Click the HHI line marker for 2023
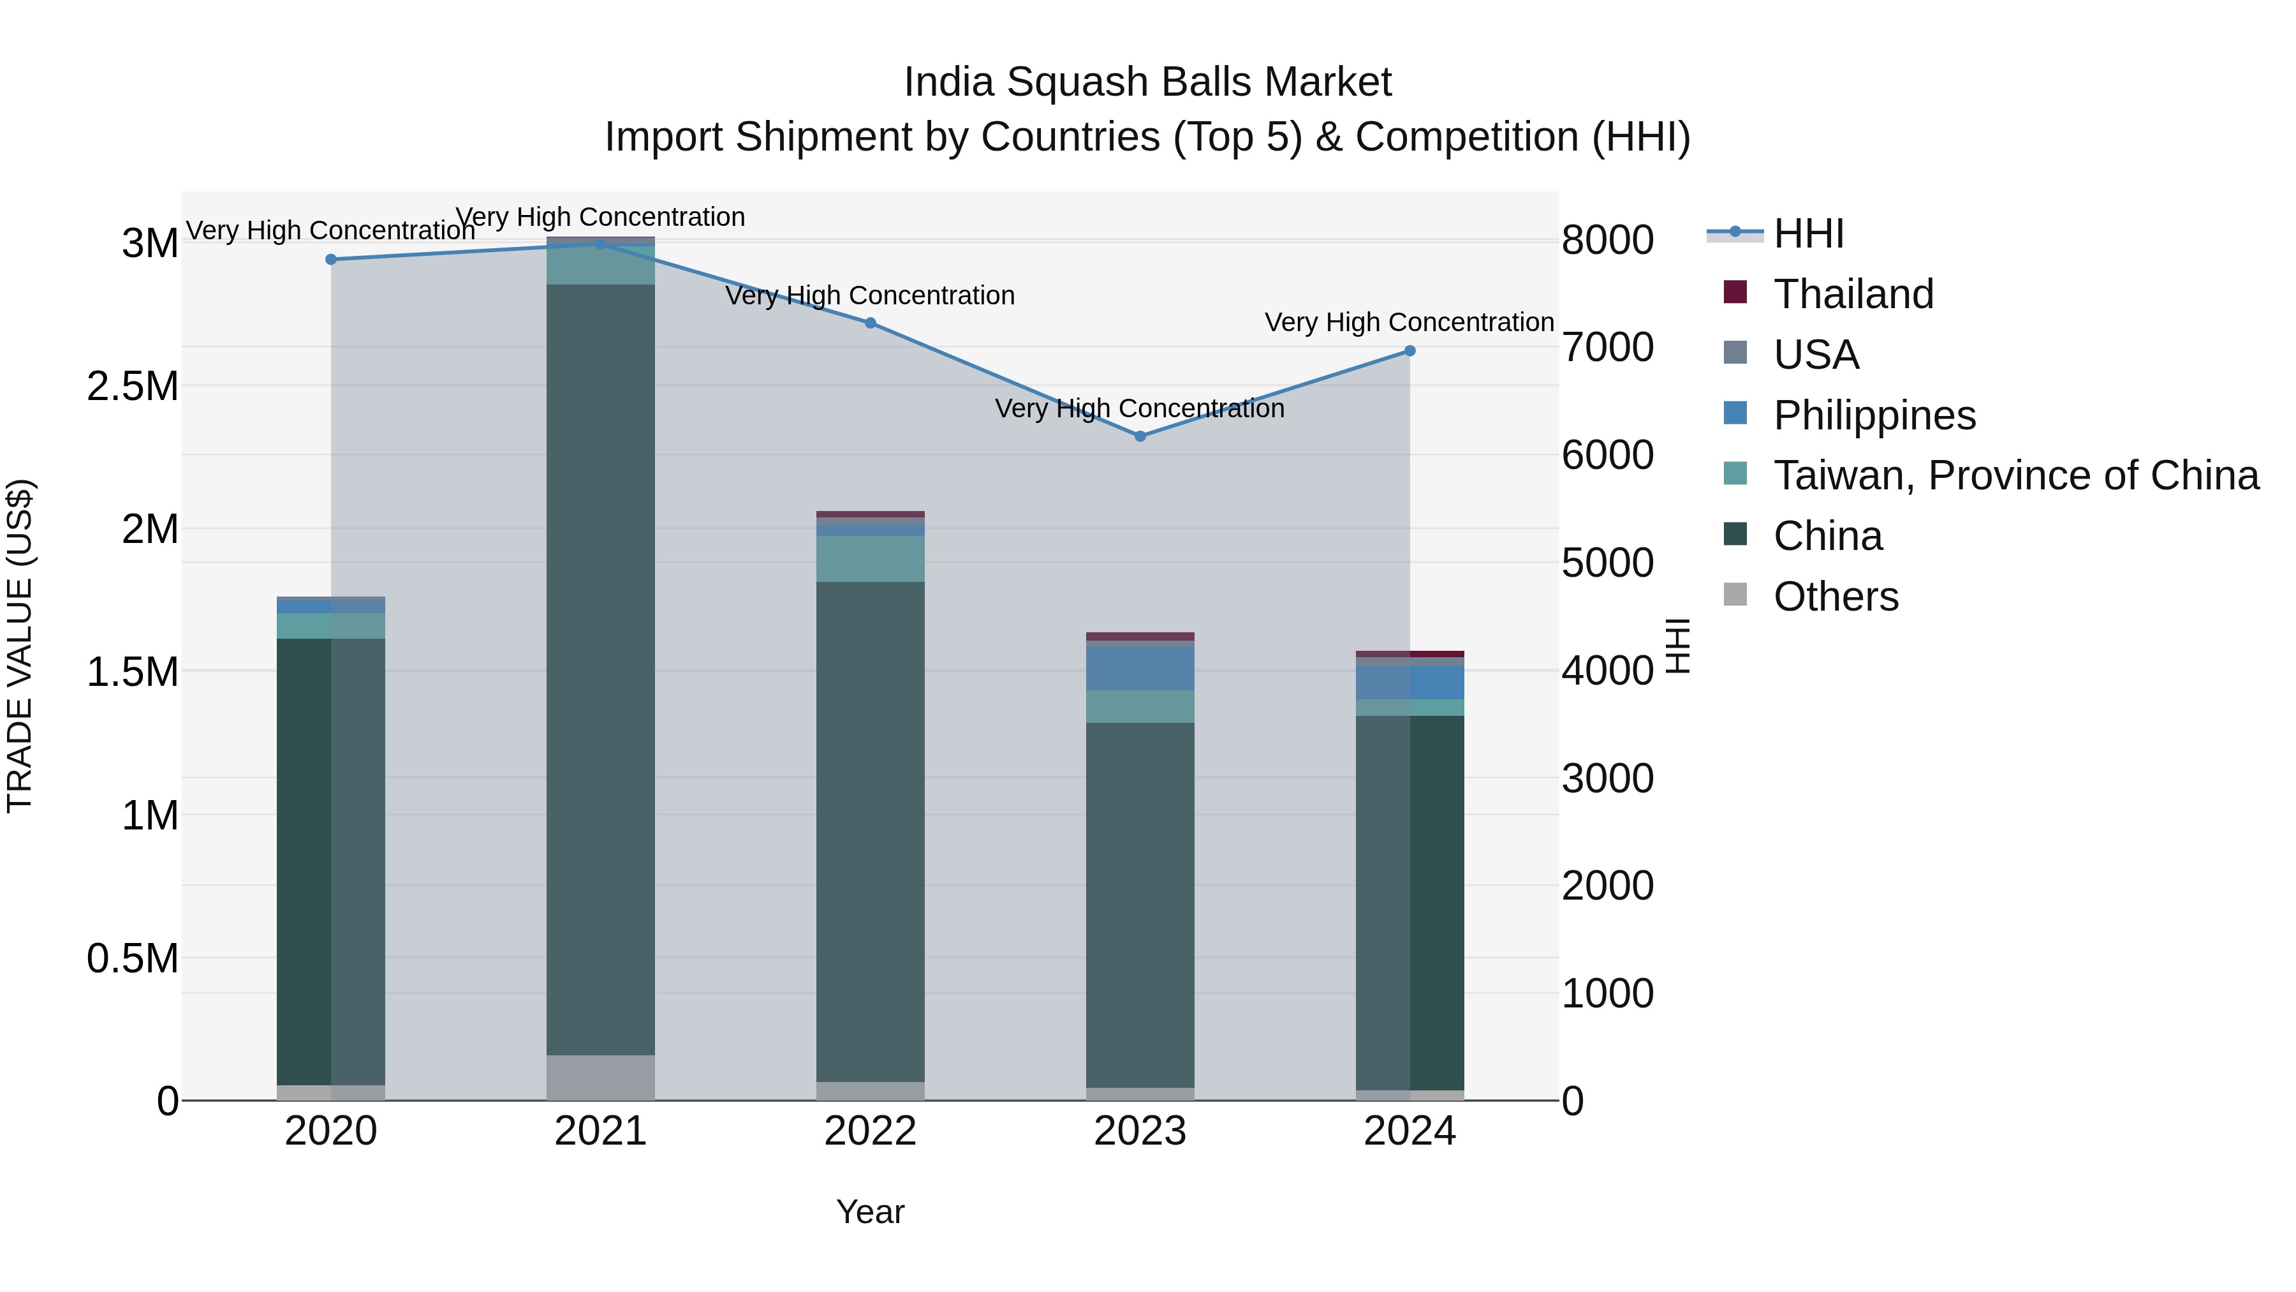tap(1140, 436)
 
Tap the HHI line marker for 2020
tap(330, 260)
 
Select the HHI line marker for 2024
tap(1409, 352)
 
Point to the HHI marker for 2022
tap(870, 323)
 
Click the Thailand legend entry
tap(1852, 294)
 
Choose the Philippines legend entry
tap(1874, 415)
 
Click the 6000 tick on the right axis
tap(1607, 455)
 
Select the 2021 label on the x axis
tap(600, 1131)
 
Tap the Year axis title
tap(870, 1212)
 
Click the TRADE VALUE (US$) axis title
tap(20, 646)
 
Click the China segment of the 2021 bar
tap(600, 669)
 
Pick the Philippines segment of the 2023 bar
tap(1140, 669)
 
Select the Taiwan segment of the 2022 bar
tap(870, 559)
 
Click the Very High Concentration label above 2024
tap(1408, 322)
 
